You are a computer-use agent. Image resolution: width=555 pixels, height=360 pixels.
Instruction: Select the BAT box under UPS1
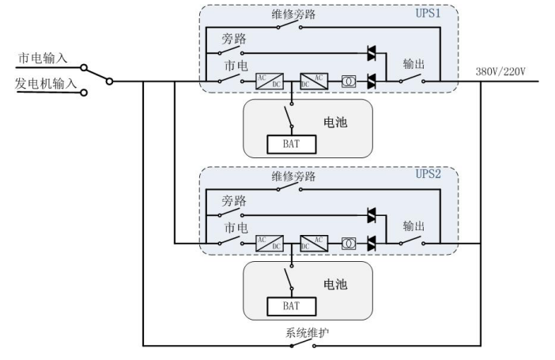290,144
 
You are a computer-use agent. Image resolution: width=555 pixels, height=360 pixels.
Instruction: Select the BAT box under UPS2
290,305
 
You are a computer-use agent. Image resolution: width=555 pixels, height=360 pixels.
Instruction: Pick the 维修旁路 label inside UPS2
293,176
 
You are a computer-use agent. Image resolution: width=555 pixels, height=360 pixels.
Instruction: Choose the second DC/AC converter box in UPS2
312,243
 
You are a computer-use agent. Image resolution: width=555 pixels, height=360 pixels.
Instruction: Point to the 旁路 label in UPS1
235,40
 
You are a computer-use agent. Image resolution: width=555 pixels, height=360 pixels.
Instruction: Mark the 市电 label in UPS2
235,227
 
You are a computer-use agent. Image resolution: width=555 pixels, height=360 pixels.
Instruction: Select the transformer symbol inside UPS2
347,243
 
